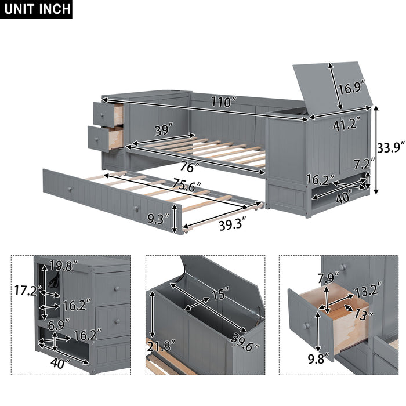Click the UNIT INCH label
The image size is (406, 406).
coord(36,10)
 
